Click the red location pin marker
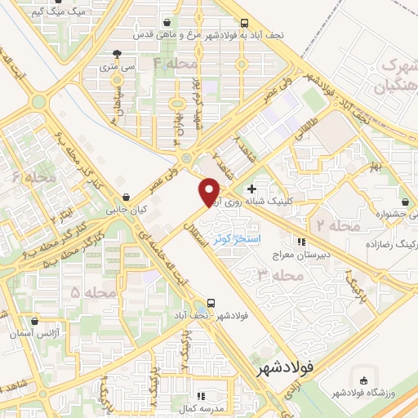click(x=210, y=190)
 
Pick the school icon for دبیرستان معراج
click(x=300, y=242)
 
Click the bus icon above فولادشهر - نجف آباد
click(x=212, y=301)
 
